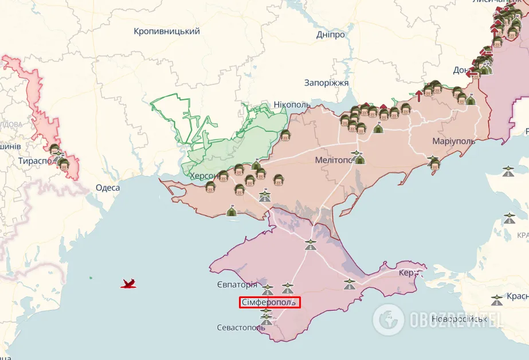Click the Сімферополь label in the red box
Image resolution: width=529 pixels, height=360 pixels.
269,302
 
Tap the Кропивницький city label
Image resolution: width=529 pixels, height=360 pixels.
167,32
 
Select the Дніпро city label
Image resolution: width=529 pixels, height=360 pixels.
331,34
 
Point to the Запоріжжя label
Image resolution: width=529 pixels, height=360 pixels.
326,83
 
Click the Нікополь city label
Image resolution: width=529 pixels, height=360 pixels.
292,105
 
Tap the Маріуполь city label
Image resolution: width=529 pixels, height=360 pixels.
453,141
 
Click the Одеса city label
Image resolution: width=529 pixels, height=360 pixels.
108,188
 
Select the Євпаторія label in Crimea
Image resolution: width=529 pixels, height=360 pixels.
237,284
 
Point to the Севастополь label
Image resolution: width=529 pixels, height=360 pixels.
239,328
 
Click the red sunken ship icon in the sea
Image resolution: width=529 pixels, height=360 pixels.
129,283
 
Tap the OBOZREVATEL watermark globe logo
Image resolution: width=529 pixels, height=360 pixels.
388,319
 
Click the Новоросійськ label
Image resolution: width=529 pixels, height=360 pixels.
460,318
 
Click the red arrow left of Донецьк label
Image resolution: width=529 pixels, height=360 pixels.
472,73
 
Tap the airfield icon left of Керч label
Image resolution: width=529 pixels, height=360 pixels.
350,283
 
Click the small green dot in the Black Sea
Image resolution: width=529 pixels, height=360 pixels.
91,278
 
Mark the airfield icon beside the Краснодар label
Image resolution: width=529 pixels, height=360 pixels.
497,299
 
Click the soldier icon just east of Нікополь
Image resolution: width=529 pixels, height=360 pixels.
285,135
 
